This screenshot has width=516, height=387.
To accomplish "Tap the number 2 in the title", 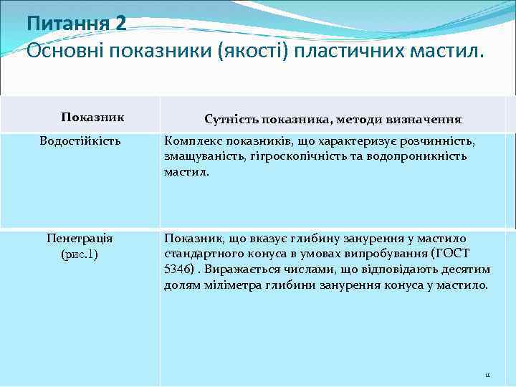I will point(120,24).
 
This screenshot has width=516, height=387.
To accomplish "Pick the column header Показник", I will point(92,117).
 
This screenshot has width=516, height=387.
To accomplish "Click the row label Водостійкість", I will point(80,141).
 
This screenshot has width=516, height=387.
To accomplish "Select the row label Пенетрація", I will point(80,239).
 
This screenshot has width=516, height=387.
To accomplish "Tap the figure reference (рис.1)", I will point(80,254).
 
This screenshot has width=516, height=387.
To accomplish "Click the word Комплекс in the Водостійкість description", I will point(192,142).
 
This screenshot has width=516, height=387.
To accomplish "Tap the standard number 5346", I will point(178,269).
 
